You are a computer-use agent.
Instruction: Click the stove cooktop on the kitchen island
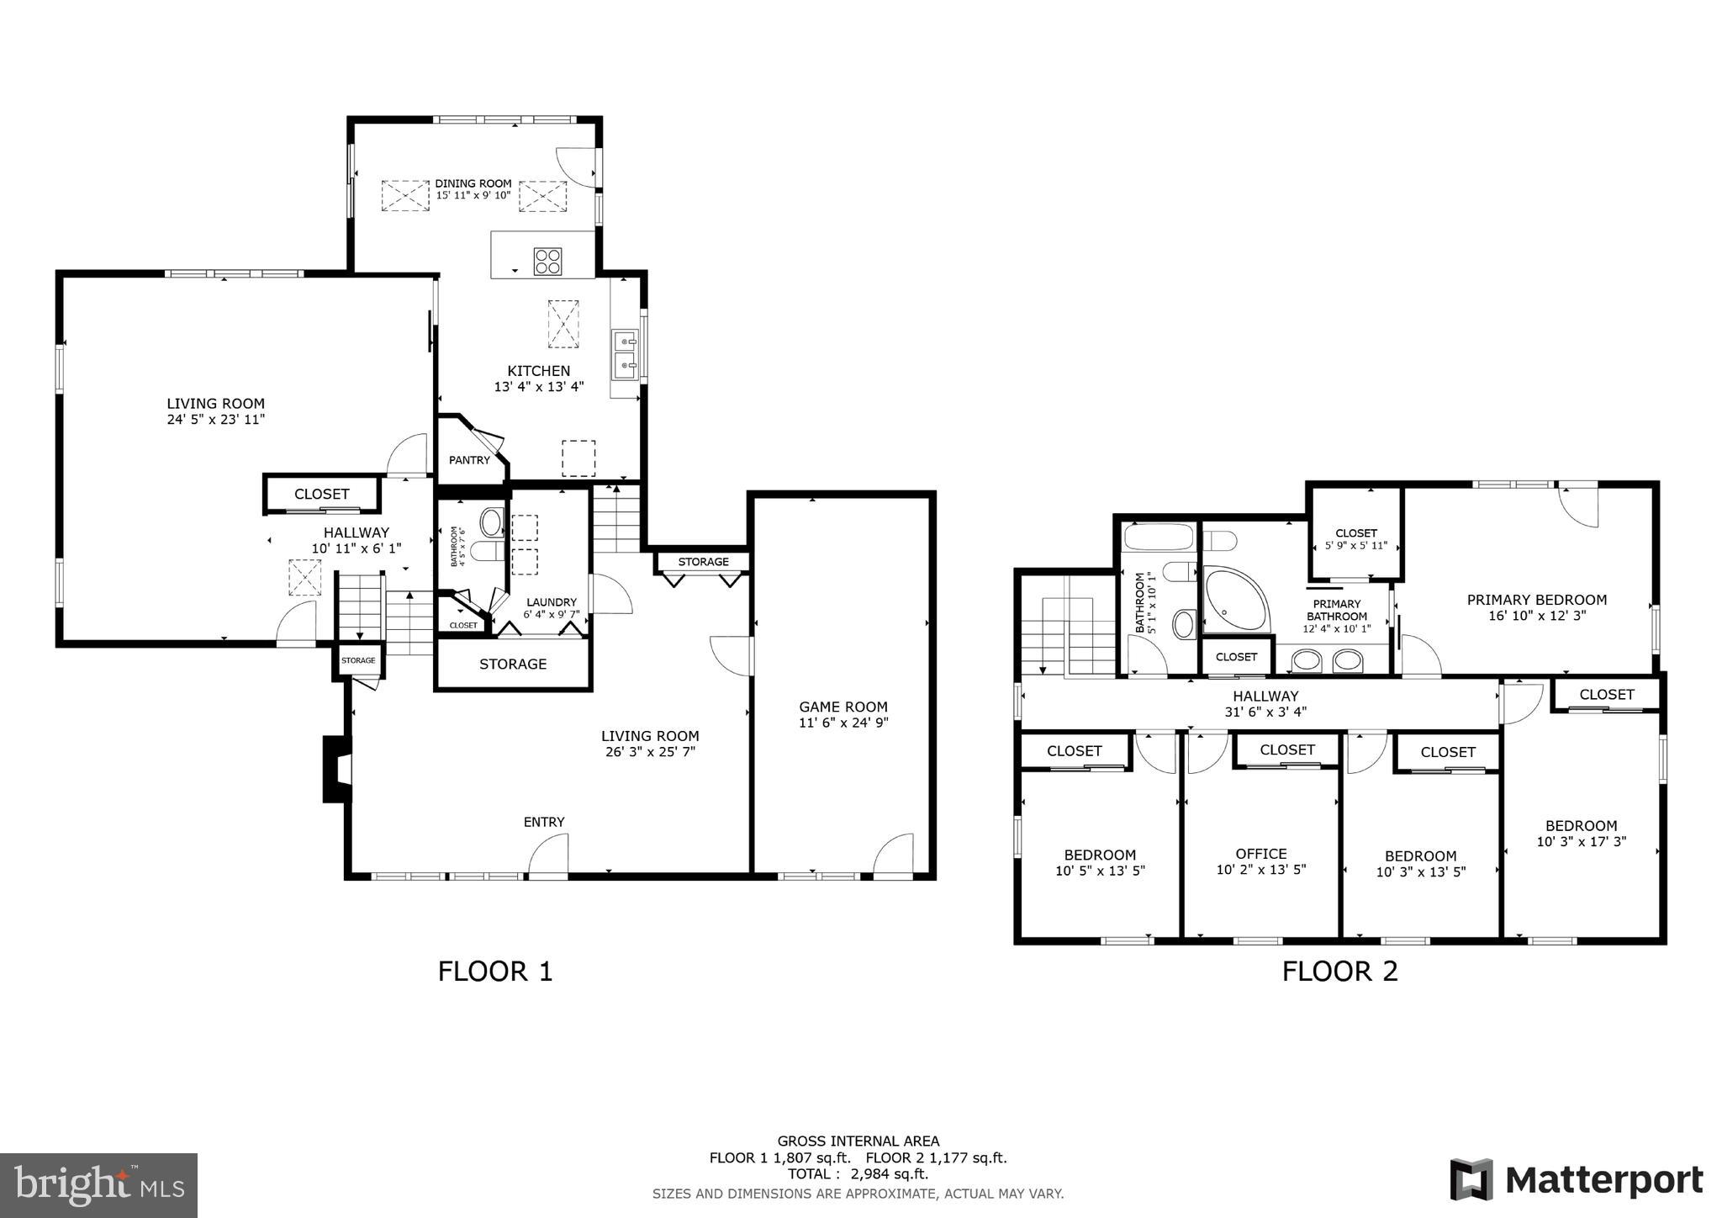(547, 261)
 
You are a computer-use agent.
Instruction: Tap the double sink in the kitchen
(625, 353)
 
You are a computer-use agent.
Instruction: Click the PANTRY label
(469, 460)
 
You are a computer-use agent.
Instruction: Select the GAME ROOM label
(843, 707)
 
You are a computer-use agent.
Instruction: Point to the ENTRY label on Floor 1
(544, 822)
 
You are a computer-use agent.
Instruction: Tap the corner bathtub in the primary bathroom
(1234, 599)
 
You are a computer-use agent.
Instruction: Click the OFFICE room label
(1260, 854)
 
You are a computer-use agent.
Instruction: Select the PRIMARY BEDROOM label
(1536, 600)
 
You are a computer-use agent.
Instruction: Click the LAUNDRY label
(552, 602)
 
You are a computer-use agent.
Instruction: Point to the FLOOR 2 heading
(1339, 972)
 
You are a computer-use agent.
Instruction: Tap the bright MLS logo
(99, 1185)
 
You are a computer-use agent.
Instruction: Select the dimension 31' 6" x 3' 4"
(1265, 712)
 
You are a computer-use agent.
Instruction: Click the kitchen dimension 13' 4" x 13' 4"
(539, 387)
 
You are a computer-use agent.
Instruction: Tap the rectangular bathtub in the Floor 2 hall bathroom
(1158, 538)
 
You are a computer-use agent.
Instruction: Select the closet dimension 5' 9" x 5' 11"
(1355, 545)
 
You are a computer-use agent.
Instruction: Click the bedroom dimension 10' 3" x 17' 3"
(1581, 840)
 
